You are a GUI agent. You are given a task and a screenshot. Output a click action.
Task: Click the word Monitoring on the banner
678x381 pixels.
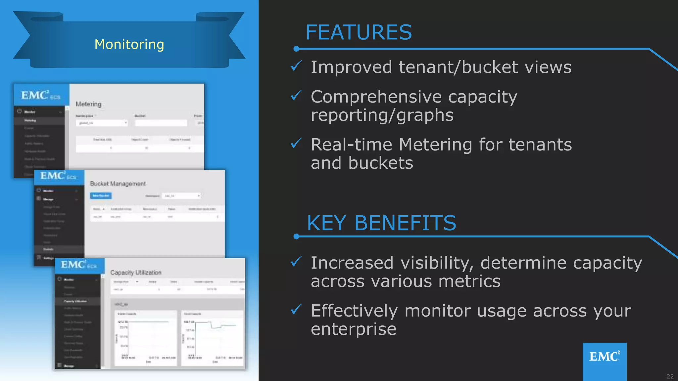(x=129, y=44)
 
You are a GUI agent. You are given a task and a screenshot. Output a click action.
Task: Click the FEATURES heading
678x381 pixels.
(x=359, y=32)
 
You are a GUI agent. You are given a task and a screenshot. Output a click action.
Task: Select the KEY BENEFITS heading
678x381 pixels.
(x=381, y=223)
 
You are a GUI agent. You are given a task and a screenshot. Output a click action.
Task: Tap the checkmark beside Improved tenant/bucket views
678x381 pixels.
(x=296, y=66)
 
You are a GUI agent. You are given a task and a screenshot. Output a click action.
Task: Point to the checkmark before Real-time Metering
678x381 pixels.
(x=296, y=143)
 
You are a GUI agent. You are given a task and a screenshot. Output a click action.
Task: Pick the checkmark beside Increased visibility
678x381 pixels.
(x=296, y=262)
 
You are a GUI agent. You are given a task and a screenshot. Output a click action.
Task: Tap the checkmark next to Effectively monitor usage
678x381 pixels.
(x=296, y=310)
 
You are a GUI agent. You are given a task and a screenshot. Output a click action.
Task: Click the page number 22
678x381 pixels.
(x=670, y=376)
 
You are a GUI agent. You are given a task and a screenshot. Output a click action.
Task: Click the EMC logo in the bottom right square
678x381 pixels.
(x=605, y=357)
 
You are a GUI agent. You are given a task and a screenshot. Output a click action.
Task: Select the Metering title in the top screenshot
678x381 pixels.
(x=88, y=104)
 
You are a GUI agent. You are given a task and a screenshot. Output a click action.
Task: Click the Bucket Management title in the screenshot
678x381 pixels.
(x=118, y=184)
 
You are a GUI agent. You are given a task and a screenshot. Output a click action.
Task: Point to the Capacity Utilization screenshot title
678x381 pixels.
(x=136, y=273)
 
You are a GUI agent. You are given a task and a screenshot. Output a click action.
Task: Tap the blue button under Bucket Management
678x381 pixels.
(x=101, y=196)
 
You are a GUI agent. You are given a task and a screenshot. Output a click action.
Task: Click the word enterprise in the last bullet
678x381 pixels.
(x=353, y=329)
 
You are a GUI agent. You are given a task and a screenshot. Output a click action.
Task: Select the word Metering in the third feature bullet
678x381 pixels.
(x=435, y=145)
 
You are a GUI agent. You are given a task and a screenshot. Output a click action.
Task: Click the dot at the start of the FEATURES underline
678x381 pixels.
(x=296, y=49)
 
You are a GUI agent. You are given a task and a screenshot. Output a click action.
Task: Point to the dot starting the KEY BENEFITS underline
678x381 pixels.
(x=296, y=236)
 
